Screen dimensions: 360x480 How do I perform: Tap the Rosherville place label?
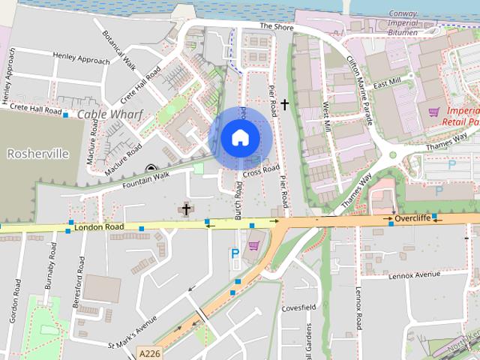(37, 153)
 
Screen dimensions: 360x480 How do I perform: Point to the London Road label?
(99, 225)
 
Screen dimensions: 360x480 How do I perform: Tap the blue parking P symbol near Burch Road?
(235, 254)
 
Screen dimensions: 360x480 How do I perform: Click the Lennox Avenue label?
(414, 275)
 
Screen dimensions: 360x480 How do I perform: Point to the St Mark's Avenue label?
(132, 332)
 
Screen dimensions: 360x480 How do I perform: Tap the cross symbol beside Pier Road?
(284, 105)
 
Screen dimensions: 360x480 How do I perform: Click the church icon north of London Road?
(187, 209)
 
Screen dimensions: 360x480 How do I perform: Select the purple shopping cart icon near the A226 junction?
(253, 244)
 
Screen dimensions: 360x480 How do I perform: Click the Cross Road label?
(261, 172)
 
